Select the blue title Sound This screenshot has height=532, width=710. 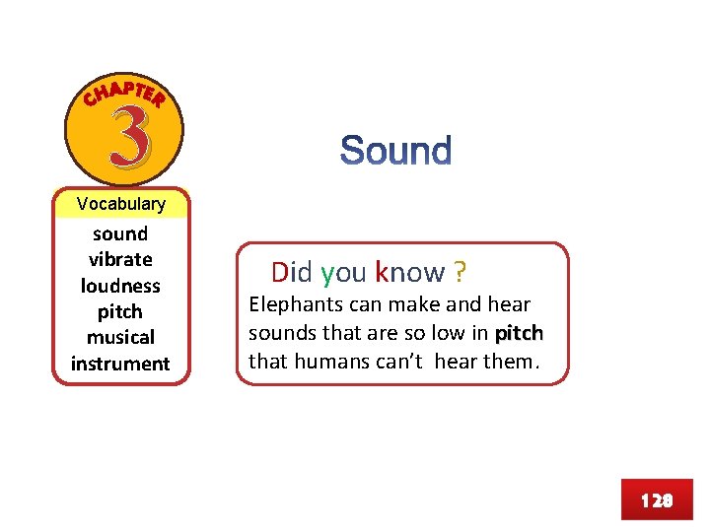pos(395,152)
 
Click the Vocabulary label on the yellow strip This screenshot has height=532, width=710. pos(121,204)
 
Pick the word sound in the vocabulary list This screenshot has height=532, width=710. pos(120,233)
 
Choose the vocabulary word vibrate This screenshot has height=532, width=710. pos(120,259)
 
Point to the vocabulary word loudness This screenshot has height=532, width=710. pos(120,286)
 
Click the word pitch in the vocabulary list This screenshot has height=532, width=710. pos(120,311)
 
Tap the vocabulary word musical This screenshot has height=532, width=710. pos(120,337)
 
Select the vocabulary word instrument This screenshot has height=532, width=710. pos(120,364)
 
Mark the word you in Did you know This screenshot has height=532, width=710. pos(343,272)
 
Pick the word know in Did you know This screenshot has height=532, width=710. pos(410,272)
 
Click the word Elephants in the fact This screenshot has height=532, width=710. pos(291,304)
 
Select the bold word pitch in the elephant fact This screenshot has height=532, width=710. pos(519,333)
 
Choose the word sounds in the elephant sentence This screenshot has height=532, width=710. pos(279,333)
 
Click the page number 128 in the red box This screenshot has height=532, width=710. pos(656,500)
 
